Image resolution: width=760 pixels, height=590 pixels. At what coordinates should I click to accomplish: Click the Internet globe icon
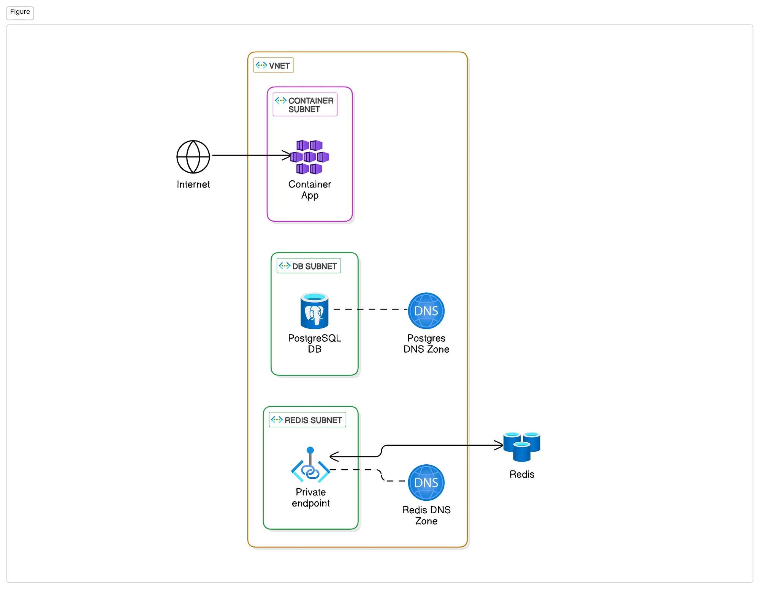point(193,157)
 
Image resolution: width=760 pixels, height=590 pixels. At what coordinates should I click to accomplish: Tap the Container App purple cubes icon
point(310,157)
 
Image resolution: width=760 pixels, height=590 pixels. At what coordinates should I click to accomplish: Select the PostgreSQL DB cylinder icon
point(314,311)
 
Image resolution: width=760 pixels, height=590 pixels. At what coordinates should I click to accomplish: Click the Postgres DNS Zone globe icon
point(426,311)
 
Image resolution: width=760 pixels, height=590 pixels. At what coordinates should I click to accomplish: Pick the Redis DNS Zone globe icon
point(426,483)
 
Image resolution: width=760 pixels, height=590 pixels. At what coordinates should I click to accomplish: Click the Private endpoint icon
point(310,467)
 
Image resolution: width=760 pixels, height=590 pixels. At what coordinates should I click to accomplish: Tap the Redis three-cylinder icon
point(522,446)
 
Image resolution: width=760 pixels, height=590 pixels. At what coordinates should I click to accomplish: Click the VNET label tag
point(273,65)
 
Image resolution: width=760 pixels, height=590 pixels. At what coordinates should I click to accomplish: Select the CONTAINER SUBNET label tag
point(305,104)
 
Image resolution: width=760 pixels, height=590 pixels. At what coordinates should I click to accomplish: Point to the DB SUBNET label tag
point(309,266)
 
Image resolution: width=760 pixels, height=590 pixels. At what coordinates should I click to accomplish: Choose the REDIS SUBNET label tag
point(307,420)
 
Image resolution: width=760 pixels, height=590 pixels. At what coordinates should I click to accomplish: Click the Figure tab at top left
point(20,12)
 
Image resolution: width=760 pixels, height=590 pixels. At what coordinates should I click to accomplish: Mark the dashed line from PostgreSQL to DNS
point(370,309)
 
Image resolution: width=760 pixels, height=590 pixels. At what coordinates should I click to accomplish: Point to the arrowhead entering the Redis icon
point(499,445)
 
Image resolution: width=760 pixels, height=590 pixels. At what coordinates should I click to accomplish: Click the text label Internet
point(193,185)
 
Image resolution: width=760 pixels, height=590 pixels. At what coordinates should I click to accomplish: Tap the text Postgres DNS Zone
point(426,344)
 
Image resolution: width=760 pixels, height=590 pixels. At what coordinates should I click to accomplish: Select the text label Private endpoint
point(310,497)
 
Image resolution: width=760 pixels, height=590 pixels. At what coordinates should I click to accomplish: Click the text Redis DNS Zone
point(426,515)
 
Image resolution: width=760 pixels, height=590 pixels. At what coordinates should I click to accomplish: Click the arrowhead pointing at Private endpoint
point(334,456)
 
